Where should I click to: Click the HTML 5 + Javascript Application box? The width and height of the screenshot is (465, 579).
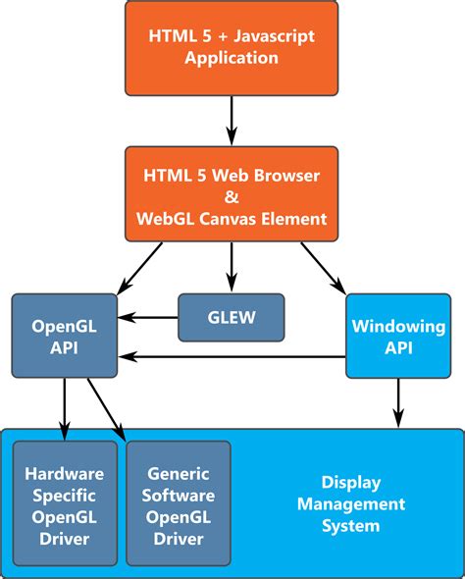(232, 48)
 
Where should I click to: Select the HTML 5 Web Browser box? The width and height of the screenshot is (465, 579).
(232, 194)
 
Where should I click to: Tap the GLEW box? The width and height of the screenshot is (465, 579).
(232, 318)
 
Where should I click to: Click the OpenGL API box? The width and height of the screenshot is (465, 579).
(65, 336)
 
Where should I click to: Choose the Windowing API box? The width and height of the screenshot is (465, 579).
(398, 336)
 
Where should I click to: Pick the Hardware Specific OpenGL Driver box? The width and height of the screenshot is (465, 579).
(65, 503)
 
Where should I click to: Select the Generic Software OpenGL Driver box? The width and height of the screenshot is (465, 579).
(179, 503)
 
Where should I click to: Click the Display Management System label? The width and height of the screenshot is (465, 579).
(351, 504)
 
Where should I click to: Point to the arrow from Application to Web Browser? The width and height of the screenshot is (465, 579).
(232, 121)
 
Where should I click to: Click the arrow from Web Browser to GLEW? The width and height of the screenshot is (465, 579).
(232, 267)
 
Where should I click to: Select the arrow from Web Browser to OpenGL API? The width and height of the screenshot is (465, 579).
(139, 269)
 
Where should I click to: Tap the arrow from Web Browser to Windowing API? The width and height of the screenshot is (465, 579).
(324, 269)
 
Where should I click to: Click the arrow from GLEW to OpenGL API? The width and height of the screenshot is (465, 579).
(147, 317)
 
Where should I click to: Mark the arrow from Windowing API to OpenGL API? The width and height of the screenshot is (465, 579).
(232, 356)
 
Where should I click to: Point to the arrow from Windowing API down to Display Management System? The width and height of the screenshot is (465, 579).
(398, 403)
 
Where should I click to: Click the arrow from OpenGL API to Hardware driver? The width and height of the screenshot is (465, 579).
(65, 409)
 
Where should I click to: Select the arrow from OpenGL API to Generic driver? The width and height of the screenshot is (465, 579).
(106, 409)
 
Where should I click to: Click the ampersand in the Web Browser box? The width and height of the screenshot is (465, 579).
(232, 197)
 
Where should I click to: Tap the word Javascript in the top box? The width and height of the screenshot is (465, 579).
(275, 37)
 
